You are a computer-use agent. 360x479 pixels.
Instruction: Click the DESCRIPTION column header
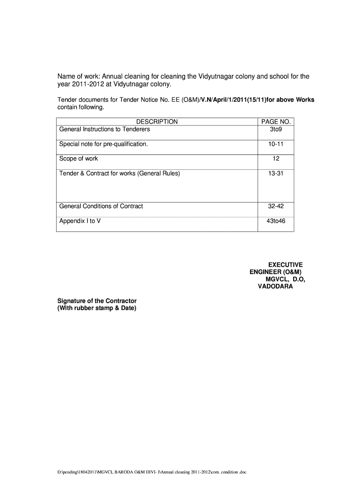pyautogui.click(x=157, y=122)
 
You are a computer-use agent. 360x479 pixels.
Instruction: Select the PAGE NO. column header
pyautogui.click(x=276, y=122)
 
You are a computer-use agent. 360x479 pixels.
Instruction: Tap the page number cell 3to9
pyautogui.click(x=276, y=129)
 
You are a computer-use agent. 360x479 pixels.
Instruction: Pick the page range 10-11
pyautogui.click(x=276, y=144)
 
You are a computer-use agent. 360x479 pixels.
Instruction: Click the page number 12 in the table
pyautogui.click(x=276, y=159)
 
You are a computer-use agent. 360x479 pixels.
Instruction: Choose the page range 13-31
pyautogui.click(x=276, y=174)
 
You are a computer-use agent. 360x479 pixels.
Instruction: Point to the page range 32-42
pyautogui.click(x=276, y=206)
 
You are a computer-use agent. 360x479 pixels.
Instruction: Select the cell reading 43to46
pyautogui.click(x=276, y=221)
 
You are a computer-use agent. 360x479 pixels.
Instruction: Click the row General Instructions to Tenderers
pyautogui.click(x=104, y=129)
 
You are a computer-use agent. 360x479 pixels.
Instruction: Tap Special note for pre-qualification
pyautogui.click(x=103, y=144)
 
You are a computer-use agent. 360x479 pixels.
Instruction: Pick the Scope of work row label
pyautogui.click(x=79, y=159)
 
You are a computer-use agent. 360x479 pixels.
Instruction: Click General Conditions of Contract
pyautogui.click(x=101, y=206)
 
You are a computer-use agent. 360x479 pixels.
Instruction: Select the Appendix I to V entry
pyautogui.click(x=80, y=221)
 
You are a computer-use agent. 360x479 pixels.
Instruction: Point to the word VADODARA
pyautogui.click(x=275, y=286)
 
